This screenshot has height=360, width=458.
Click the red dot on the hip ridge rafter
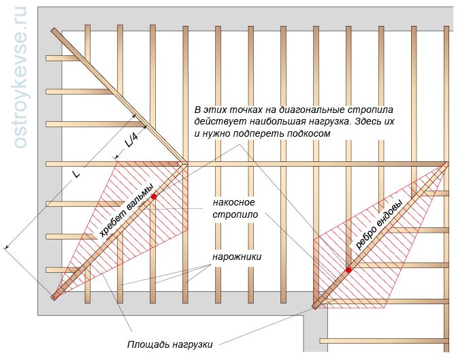pos(154,197)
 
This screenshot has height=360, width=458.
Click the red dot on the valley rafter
pos(348,270)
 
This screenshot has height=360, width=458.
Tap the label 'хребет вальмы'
pos(126,211)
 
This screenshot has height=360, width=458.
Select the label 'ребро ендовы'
pos(379,225)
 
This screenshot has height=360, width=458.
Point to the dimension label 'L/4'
pos(131,142)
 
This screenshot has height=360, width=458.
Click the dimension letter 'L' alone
pos(76,174)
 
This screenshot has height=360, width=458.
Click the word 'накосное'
pos(233,202)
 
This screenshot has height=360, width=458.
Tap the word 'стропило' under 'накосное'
pos(235,215)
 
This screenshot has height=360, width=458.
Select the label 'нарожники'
pos(237,257)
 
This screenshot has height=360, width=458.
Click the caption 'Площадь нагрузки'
pos(169,344)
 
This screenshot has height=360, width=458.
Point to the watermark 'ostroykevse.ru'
pos(20,78)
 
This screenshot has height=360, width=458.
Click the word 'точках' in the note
pos(246,110)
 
